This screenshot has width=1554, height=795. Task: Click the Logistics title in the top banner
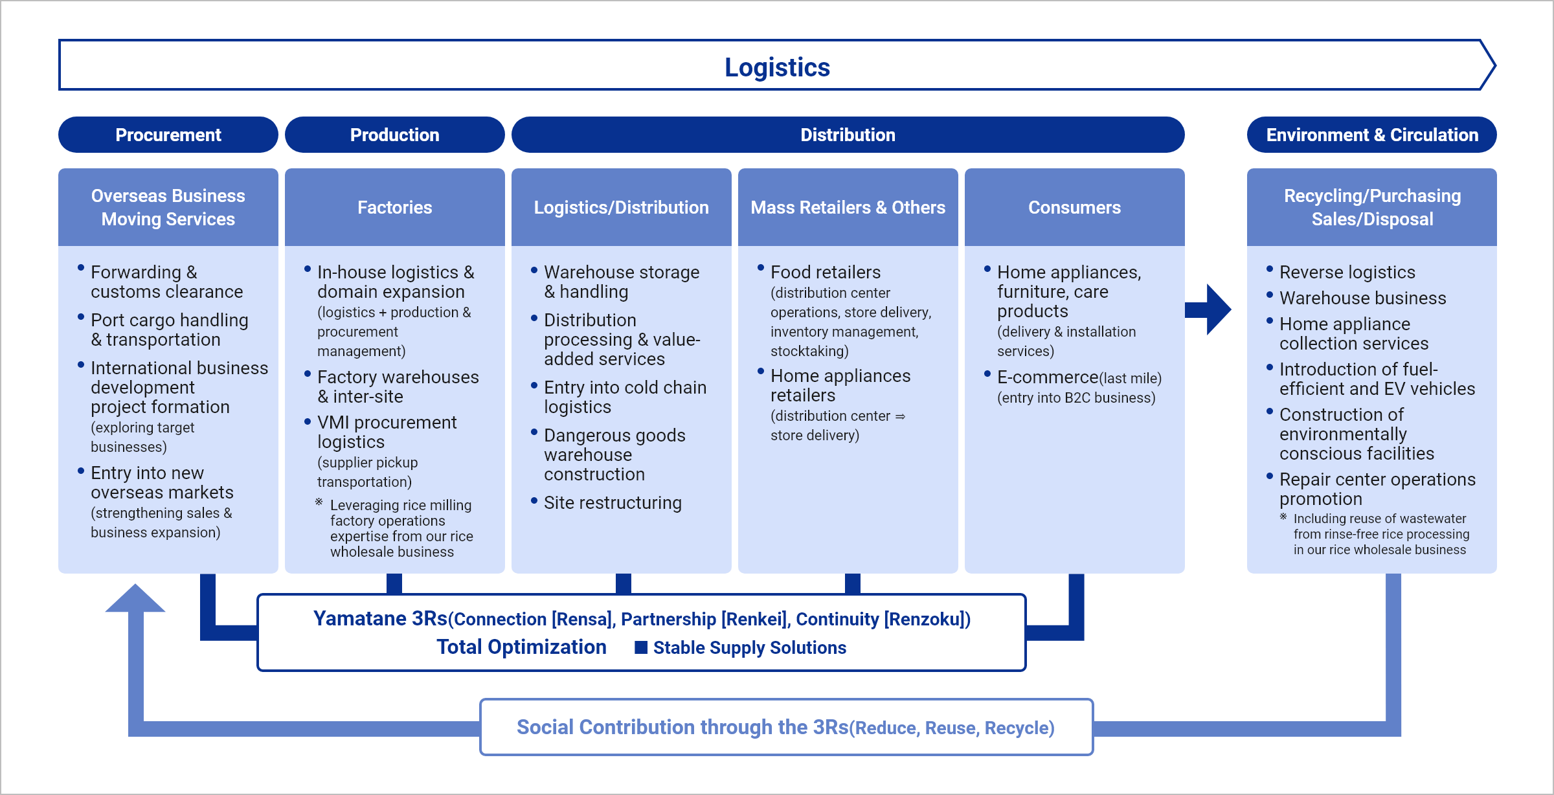pos(776,67)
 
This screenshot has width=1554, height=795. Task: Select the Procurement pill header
pos(168,135)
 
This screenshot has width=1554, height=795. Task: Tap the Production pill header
pos(394,135)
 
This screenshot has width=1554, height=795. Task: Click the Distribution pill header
pos(848,135)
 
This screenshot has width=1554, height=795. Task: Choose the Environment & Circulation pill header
pos(1371,135)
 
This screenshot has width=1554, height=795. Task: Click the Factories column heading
pos(394,207)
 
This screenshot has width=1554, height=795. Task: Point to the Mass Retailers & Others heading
pos(848,207)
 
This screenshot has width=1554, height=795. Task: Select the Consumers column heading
pos(1074,207)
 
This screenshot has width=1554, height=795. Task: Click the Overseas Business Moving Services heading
pos(168,207)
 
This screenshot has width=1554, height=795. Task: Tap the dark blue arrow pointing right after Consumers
pos(1210,309)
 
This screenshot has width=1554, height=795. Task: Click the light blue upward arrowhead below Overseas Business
pos(135,599)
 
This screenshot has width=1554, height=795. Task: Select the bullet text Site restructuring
pos(613,503)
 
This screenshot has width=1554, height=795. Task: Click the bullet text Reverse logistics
pos(1347,273)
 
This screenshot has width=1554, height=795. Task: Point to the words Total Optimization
pos(521,647)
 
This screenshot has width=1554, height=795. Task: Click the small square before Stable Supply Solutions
pos(641,647)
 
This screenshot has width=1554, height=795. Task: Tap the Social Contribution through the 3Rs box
pos(785,727)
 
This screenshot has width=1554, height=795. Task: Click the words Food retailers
pos(826,273)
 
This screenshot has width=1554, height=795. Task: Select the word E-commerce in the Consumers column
pos(1047,377)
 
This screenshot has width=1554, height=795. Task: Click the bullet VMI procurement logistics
pos(387,432)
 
